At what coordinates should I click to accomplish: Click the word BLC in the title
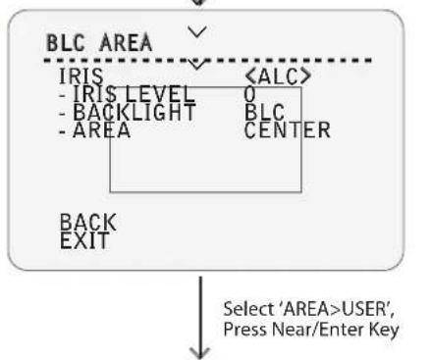point(66,43)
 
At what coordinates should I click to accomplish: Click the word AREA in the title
point(126,43)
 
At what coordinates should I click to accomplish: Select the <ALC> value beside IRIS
point(278,77)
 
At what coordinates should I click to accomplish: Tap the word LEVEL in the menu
point(160,94)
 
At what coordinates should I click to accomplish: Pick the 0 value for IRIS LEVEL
point(249,94)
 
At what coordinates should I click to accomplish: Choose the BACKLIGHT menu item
point(135,112)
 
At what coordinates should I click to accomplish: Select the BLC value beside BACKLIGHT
point(264,112)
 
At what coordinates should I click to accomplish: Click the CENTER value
point(288,129)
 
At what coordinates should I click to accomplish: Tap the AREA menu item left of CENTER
point(101,129)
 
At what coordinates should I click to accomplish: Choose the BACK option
point(88,223)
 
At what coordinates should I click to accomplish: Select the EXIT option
point(84,240)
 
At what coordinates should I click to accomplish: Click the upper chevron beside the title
point(197,31)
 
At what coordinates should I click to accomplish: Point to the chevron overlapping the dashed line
point(196,64)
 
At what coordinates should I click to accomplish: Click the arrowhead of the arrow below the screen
point(200,353)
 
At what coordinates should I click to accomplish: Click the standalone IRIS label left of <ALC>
point(81,77)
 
